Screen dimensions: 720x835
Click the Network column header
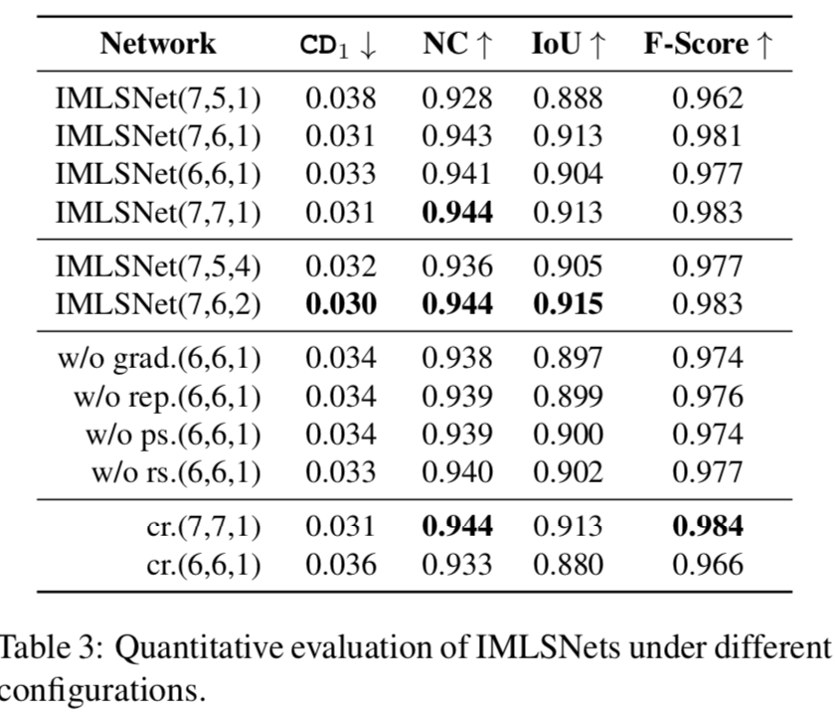[x=158, y=45]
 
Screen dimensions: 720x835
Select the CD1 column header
[x=338, y=45]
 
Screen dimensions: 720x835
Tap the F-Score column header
[x=707, y=45]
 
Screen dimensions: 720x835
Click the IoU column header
[x=567, y=45]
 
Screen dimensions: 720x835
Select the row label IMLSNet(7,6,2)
[x=158, y=304]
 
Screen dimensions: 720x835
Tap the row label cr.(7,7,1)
[x=204, y=527]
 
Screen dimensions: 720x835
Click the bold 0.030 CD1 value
[x=340, y=304]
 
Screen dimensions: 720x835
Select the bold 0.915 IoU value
[x=568, y=304]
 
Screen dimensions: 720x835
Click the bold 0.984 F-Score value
[x=707, y=527]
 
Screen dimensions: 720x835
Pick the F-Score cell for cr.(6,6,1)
[x=707, y=565]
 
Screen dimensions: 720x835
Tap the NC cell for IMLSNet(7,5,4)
[x=457, y=267]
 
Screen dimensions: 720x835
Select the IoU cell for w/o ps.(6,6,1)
[x=568, y=435]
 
